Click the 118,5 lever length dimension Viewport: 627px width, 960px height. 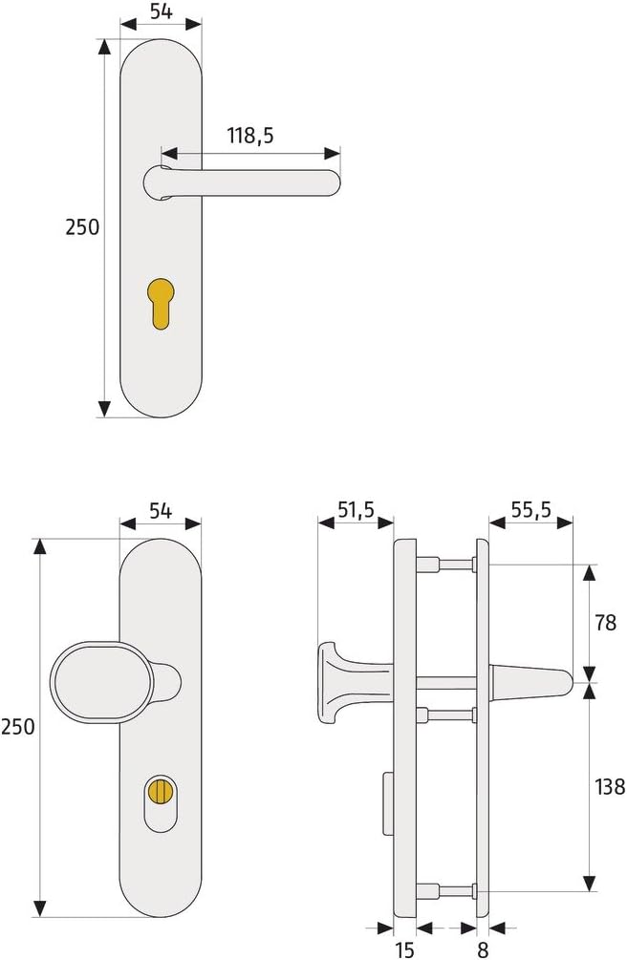tap(250, 136)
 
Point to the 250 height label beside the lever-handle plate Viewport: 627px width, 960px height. tap(82, 227)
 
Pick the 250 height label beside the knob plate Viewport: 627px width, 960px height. tap(17, 726)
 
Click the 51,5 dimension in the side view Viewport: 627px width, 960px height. tap(355, 510)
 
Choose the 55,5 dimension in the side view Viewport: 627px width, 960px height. tap(530, 510)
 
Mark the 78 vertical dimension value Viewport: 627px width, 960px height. tap(605, 623)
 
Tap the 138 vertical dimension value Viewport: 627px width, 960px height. tap(608, 787)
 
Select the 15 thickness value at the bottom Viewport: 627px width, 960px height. tap(405, 949)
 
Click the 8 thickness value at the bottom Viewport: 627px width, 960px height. tap(483, 949)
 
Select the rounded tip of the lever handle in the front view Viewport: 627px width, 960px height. tap(331, 181)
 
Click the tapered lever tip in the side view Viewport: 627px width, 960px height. tap(559, 681)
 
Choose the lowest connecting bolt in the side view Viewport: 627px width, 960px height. tap(454, 891)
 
